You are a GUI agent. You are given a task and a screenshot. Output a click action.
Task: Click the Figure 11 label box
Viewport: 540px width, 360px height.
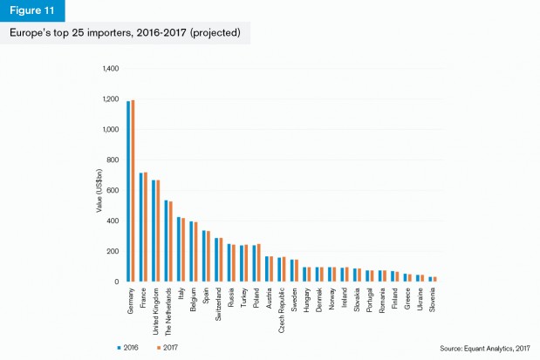(32, 10)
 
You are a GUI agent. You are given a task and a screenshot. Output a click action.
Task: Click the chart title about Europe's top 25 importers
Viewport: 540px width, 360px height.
(126, 33)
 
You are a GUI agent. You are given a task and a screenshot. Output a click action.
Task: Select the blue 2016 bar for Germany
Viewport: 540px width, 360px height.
(128, 191)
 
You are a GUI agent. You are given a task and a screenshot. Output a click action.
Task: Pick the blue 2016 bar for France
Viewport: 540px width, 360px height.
(140, 227)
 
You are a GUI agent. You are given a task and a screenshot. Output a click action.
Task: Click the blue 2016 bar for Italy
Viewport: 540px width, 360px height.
(178, 248)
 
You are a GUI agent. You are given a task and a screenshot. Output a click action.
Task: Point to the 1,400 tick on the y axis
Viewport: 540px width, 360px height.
(110, 68)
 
